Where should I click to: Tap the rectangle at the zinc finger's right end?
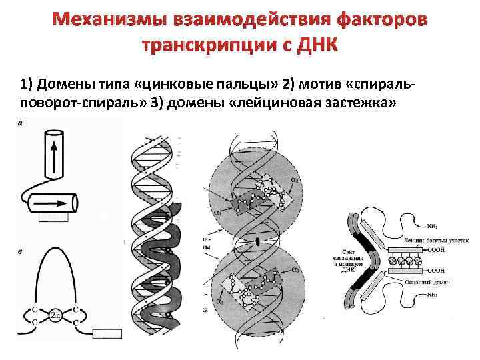[x=106, y=334]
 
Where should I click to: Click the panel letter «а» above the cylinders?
[x=19, y=124]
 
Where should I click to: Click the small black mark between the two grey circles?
[x=257, y=239]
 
